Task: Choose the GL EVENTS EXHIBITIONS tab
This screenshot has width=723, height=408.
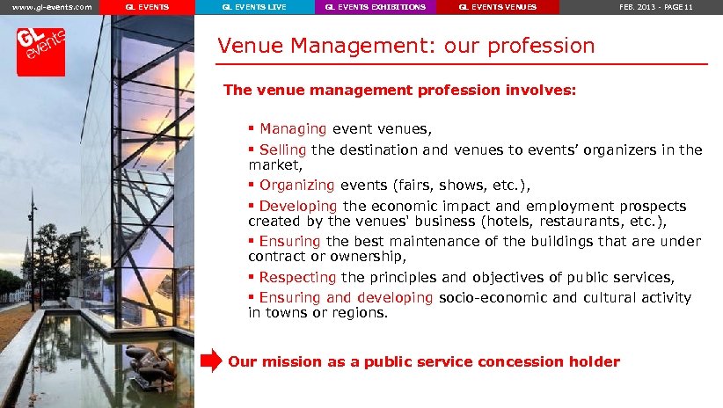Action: click(x=375, y=7)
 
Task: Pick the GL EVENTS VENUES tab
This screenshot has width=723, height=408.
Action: click(x=498, y=7)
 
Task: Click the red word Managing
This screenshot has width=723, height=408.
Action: click(x=292, y=129)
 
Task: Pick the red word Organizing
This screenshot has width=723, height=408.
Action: click(x=296, y=185)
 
